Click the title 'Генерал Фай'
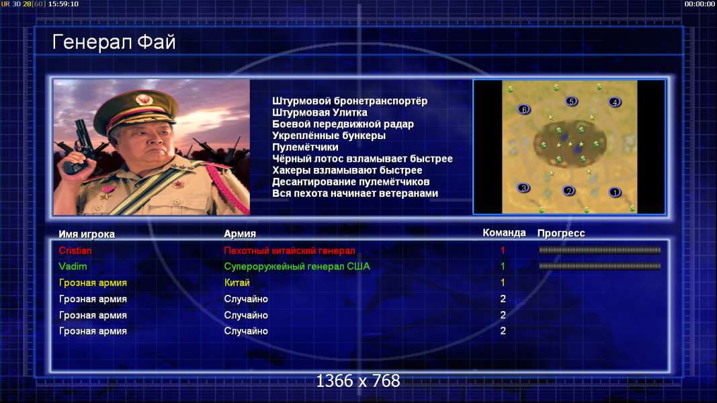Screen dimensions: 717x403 [114, 42]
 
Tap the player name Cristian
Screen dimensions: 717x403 [75, 251]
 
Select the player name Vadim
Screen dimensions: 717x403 [73, 267]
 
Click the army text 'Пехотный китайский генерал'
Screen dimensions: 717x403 [290, 251]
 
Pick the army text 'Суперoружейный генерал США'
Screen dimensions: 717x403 [297, 267]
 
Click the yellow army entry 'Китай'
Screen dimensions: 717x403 [237, 283]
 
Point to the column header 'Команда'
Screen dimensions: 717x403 [504, 233]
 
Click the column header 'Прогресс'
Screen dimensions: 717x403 [561, 233]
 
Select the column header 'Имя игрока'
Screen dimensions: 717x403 [87, 234]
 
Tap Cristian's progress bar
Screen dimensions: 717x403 [600, 250]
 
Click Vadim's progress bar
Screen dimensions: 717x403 [600, 266]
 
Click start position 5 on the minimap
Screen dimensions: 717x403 [571, 101]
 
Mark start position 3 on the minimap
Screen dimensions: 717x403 [523, 188]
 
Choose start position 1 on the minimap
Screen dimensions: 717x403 [615, 192]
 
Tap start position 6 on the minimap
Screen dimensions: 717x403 [524, 109]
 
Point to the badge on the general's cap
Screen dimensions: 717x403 [144, 99]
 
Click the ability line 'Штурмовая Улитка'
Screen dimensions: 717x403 [320, 112]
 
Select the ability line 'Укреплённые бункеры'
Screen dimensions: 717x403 [329, 136]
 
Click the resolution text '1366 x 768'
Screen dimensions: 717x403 [358, 381]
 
